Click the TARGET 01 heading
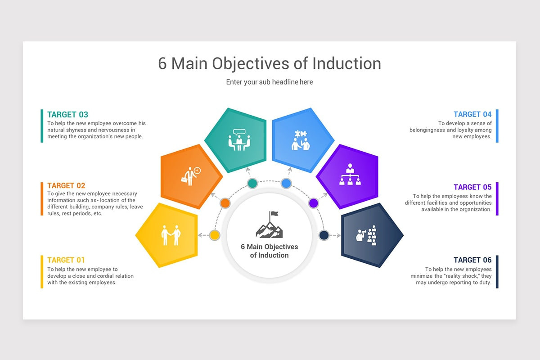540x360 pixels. pos(66,260)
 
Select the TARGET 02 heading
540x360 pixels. pos(66,186)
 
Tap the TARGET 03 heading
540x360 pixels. pos(67,115)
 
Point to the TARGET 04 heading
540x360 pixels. pos(472,115)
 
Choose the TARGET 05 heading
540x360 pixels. pos(472,187)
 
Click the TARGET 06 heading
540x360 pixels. pos(472,260)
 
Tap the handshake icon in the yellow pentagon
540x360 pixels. pos(171,235)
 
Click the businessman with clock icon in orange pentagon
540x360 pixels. pos(191,175)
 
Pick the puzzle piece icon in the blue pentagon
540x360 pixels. pos(301,140)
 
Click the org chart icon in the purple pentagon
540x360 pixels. pos(350,175)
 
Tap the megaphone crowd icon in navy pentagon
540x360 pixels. pos(366,235)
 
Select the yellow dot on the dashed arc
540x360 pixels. pos(215,235)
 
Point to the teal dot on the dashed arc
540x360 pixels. pos(252,183)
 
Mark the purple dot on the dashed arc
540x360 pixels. pos(314,203)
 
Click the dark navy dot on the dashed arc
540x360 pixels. pos(324,235)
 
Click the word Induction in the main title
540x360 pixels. pos(346,63)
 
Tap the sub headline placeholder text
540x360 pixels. pos(270,82)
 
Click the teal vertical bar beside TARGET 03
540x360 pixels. pos(42,126)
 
